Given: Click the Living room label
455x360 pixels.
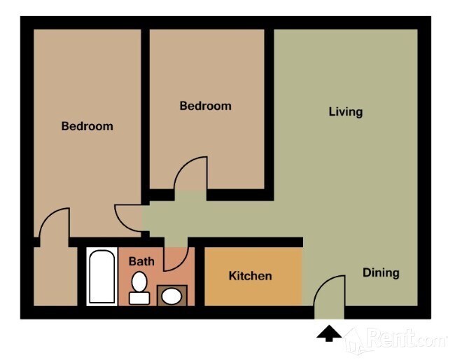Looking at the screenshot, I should (x=345, y=111).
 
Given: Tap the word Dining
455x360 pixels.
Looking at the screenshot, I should (x=381, y=272).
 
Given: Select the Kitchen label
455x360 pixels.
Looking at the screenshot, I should (x=250, y=276).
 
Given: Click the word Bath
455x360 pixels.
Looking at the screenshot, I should (x=141, y=261).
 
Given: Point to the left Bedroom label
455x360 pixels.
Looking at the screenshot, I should (x=87, y=127).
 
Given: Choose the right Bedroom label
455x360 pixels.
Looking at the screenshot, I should (x=205, y=106).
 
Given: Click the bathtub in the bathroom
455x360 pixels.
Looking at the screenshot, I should (x=102, y=277).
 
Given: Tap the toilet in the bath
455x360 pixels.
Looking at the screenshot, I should (x=140, y=287).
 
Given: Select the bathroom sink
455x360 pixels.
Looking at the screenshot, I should (x=171, y=296).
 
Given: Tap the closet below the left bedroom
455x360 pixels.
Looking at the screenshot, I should (x=55, y=277).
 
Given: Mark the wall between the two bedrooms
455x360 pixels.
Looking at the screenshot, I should (x=146, y=112).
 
